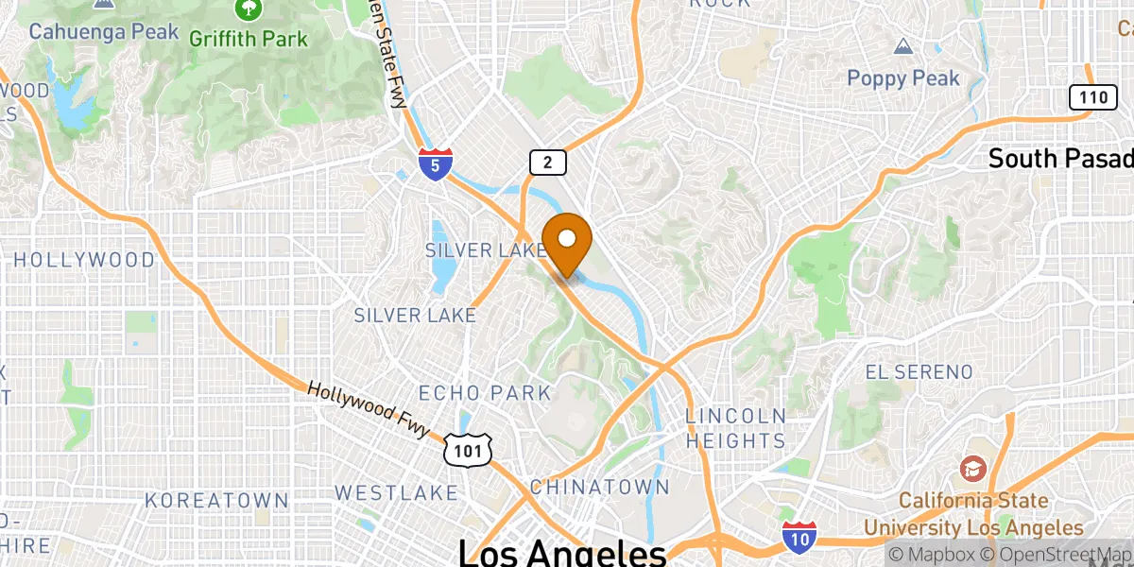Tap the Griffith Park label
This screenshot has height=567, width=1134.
click(x=249, y=39)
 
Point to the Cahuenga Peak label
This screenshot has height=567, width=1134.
click(x=103, y=31)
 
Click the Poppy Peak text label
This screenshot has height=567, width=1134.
click(x=903, y=78)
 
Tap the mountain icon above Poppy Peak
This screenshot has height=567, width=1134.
click(x=903, y=46)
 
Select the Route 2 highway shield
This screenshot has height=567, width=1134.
click(x=547, y=162)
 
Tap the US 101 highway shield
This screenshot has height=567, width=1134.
click(x=469, y=452)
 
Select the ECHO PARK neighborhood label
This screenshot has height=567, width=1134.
click(x=484, y=392)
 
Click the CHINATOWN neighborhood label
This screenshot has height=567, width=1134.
click(x=599, y=488)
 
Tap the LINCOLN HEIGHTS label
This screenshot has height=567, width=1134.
click(x=735, y=428)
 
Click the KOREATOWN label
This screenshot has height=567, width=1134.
click(x=216, y=500)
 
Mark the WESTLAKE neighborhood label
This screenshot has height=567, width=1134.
click(x=396, y=492)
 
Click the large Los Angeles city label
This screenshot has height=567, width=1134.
click(x=561, y=552)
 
